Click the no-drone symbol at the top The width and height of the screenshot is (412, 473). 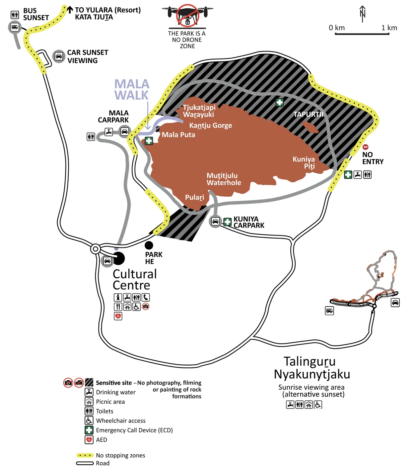(187, 15)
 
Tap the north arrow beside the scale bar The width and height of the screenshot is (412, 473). (363, 14)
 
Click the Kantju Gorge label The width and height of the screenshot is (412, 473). (211, 126)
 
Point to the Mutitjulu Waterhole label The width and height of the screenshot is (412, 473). (224, 179)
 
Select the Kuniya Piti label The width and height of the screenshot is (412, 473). (304, 162)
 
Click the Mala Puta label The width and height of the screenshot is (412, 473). (178, 135)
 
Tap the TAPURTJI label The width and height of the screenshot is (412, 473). (309, 115)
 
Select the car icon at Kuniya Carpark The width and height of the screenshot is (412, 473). (215, 221)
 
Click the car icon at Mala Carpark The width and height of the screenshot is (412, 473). (124, 132)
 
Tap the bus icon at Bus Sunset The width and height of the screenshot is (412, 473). (15, 27)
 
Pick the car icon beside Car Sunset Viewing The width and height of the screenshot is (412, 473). (59, 56)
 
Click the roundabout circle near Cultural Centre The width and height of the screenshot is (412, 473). (96, 249)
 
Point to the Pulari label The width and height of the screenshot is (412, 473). (194, 197)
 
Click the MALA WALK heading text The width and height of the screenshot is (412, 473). (132, 90)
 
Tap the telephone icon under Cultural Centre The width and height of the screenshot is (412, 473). (146, 297)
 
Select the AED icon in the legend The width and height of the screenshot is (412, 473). (89, 440)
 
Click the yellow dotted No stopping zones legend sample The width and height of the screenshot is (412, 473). (85, 455)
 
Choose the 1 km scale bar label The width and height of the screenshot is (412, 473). (389, 28)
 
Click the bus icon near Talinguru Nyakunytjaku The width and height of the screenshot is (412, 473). (329, 311)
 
